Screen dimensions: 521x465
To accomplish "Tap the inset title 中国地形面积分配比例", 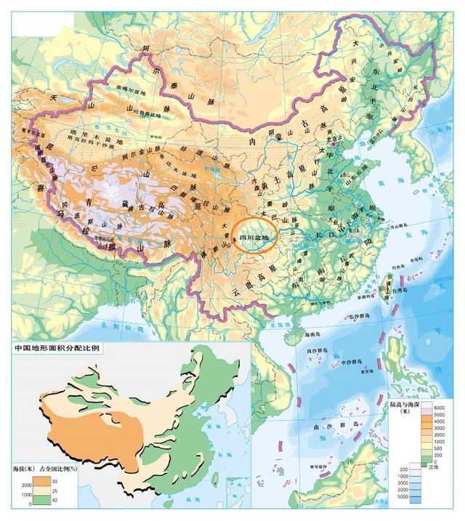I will [57, 349].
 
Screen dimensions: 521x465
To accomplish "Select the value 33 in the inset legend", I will [54, 481].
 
